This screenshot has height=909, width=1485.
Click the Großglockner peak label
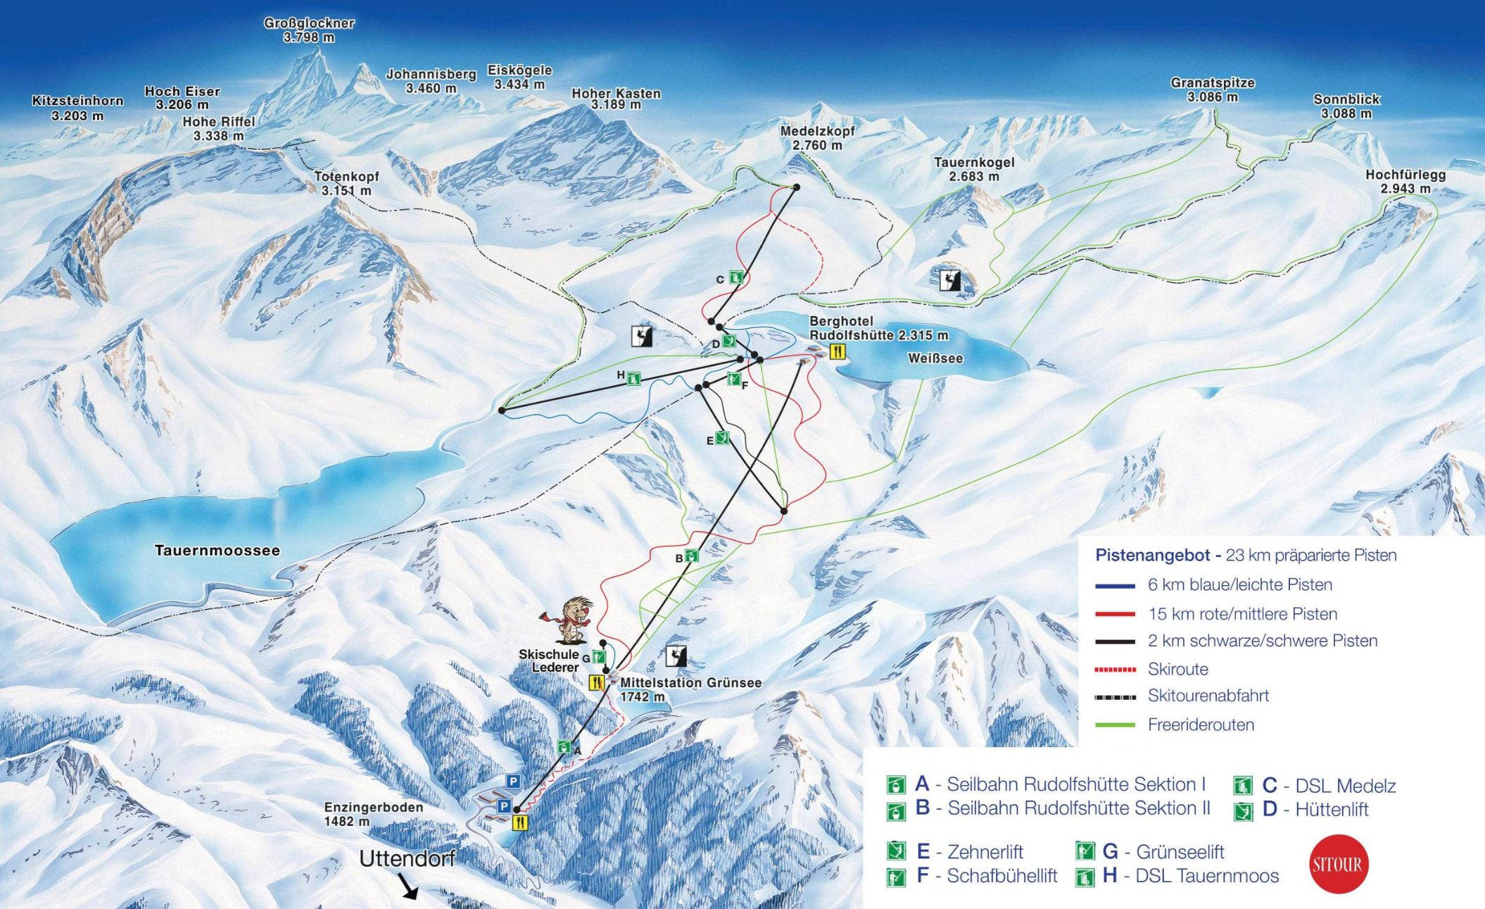point(309,30)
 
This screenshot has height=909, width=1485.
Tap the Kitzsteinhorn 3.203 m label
point(77,108)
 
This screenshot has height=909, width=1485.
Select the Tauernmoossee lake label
point(217,551)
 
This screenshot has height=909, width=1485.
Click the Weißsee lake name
point(935,358)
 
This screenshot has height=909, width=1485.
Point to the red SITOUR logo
point(1336,864)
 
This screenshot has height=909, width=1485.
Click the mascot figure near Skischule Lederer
point(571,621)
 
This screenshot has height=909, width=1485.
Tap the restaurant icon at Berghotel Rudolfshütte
point(837,351)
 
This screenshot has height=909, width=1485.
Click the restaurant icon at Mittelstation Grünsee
point(596,682)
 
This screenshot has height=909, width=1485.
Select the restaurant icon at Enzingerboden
point(520,822)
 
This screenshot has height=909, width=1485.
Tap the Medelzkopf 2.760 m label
point(817,138)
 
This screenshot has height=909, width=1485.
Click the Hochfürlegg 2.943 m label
point(1405,182)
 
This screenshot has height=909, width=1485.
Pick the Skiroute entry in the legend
point(1177,669)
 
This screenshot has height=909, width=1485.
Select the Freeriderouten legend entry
point(1201,725)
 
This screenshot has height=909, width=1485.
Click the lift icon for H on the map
point(633,379)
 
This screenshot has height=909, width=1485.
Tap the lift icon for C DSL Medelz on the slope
point(736,277)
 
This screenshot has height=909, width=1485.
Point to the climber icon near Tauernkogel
point(950,280)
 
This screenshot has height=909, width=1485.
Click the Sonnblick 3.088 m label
point(1346,106)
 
